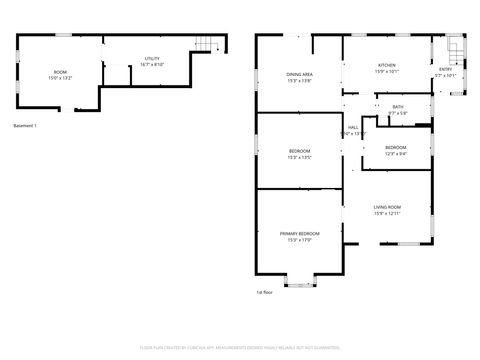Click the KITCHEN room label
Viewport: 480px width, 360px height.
tap(386, 64)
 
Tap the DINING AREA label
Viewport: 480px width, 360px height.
tap(300, 74)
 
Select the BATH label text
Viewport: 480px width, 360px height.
tap(398, 107)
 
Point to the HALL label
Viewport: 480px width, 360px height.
tap(353, 127)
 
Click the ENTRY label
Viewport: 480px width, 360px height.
tap(445, 69)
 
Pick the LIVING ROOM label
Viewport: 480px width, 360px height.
tap(387, 207)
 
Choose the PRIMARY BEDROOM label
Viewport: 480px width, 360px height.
tap(300, 233)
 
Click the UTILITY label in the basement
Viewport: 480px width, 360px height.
tap(152, 59)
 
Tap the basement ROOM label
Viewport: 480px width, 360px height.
tap(60, 72)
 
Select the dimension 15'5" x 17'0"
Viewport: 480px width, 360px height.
tap(300, 240)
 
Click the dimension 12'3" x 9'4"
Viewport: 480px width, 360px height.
tap(397, 154)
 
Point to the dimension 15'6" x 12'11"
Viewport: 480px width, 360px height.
tap(387, 214)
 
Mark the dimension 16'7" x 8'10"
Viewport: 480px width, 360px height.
tap(152, 65)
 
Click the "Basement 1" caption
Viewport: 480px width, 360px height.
tap(25, 125)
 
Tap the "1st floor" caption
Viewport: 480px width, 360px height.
tap(264, 292)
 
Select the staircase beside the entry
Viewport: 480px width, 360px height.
tap(453, 50)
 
